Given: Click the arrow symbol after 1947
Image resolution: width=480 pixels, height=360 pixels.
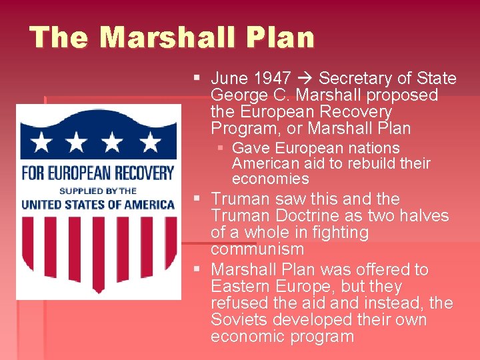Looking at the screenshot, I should click(x=301, y=79).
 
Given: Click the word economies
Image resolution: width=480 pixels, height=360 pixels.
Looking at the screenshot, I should click(x=270, y=179).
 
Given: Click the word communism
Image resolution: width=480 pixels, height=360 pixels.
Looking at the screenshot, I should click(x=257, y=249).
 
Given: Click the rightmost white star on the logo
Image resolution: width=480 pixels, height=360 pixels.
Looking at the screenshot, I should click(x=151, y=141).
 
